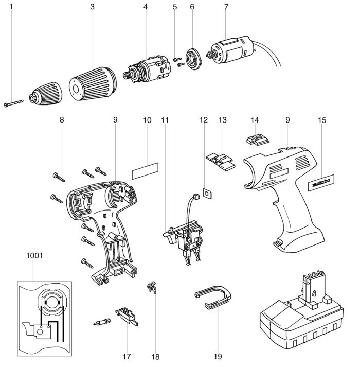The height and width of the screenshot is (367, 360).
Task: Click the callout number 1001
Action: (34, 255)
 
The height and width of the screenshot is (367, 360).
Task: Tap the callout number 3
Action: (92, 7)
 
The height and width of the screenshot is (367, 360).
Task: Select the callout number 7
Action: (226, 7)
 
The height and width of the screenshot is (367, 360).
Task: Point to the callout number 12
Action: (204, 120)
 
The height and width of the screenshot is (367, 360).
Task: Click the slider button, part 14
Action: (256, 140)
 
